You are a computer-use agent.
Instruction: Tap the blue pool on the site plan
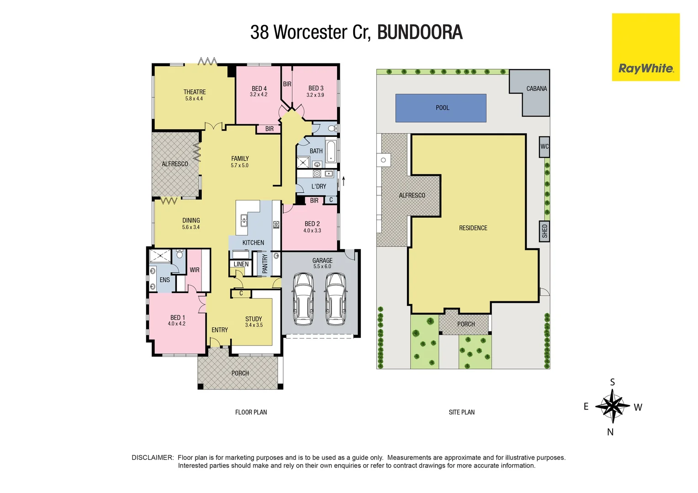(441, 108)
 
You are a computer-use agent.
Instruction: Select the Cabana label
(536, 89)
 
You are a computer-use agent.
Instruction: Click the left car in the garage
(302, 299)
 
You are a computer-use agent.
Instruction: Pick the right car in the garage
(336, 299)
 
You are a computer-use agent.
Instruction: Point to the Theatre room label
(195, 92)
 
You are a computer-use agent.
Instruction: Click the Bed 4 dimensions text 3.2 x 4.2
(259, 95)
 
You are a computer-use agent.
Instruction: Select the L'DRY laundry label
(318, 186)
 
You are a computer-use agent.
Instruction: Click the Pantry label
(265, 264)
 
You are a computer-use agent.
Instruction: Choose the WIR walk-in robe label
(195, 270)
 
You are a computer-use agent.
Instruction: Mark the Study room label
(254, 319)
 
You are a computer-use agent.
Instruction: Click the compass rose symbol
(612, 406)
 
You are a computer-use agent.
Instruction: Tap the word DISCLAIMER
(153, 457)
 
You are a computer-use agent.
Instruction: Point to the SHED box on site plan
(544, 231)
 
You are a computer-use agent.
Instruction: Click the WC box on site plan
(544, 147)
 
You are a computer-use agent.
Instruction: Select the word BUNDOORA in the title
(420, 32)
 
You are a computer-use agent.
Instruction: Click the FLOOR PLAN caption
(251, 412)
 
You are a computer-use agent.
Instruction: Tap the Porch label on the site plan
(465, 324)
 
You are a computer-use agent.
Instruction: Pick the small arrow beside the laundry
(343, 181)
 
